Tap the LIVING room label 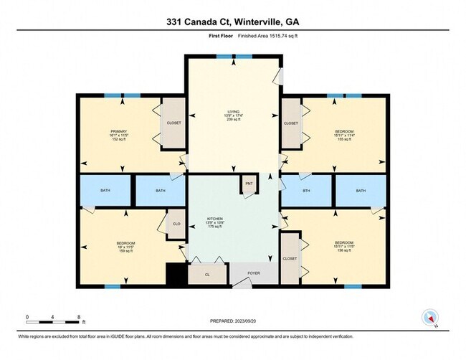tap(233, 112)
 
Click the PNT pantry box tap(249, 184)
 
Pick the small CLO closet tap(176, 224)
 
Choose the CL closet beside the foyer tap(207, 274)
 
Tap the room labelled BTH tap(306, 191)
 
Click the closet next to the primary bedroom tap(173, 123)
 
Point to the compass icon tap(430, 316)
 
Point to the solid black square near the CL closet tap(176, 274)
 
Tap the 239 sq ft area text tap(233, 120)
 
